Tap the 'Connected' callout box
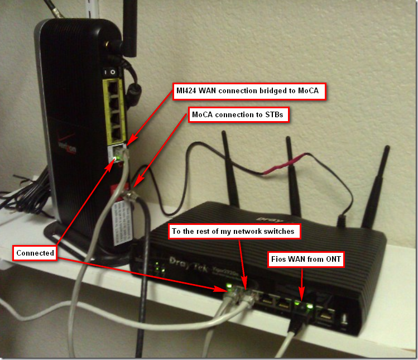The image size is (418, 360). pyautogui.click(x=35, y=253)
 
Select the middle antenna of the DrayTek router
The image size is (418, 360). pyautogui.click(x=290, y=167)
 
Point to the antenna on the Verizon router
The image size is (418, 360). pyautogui.click(x=129, y=28)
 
